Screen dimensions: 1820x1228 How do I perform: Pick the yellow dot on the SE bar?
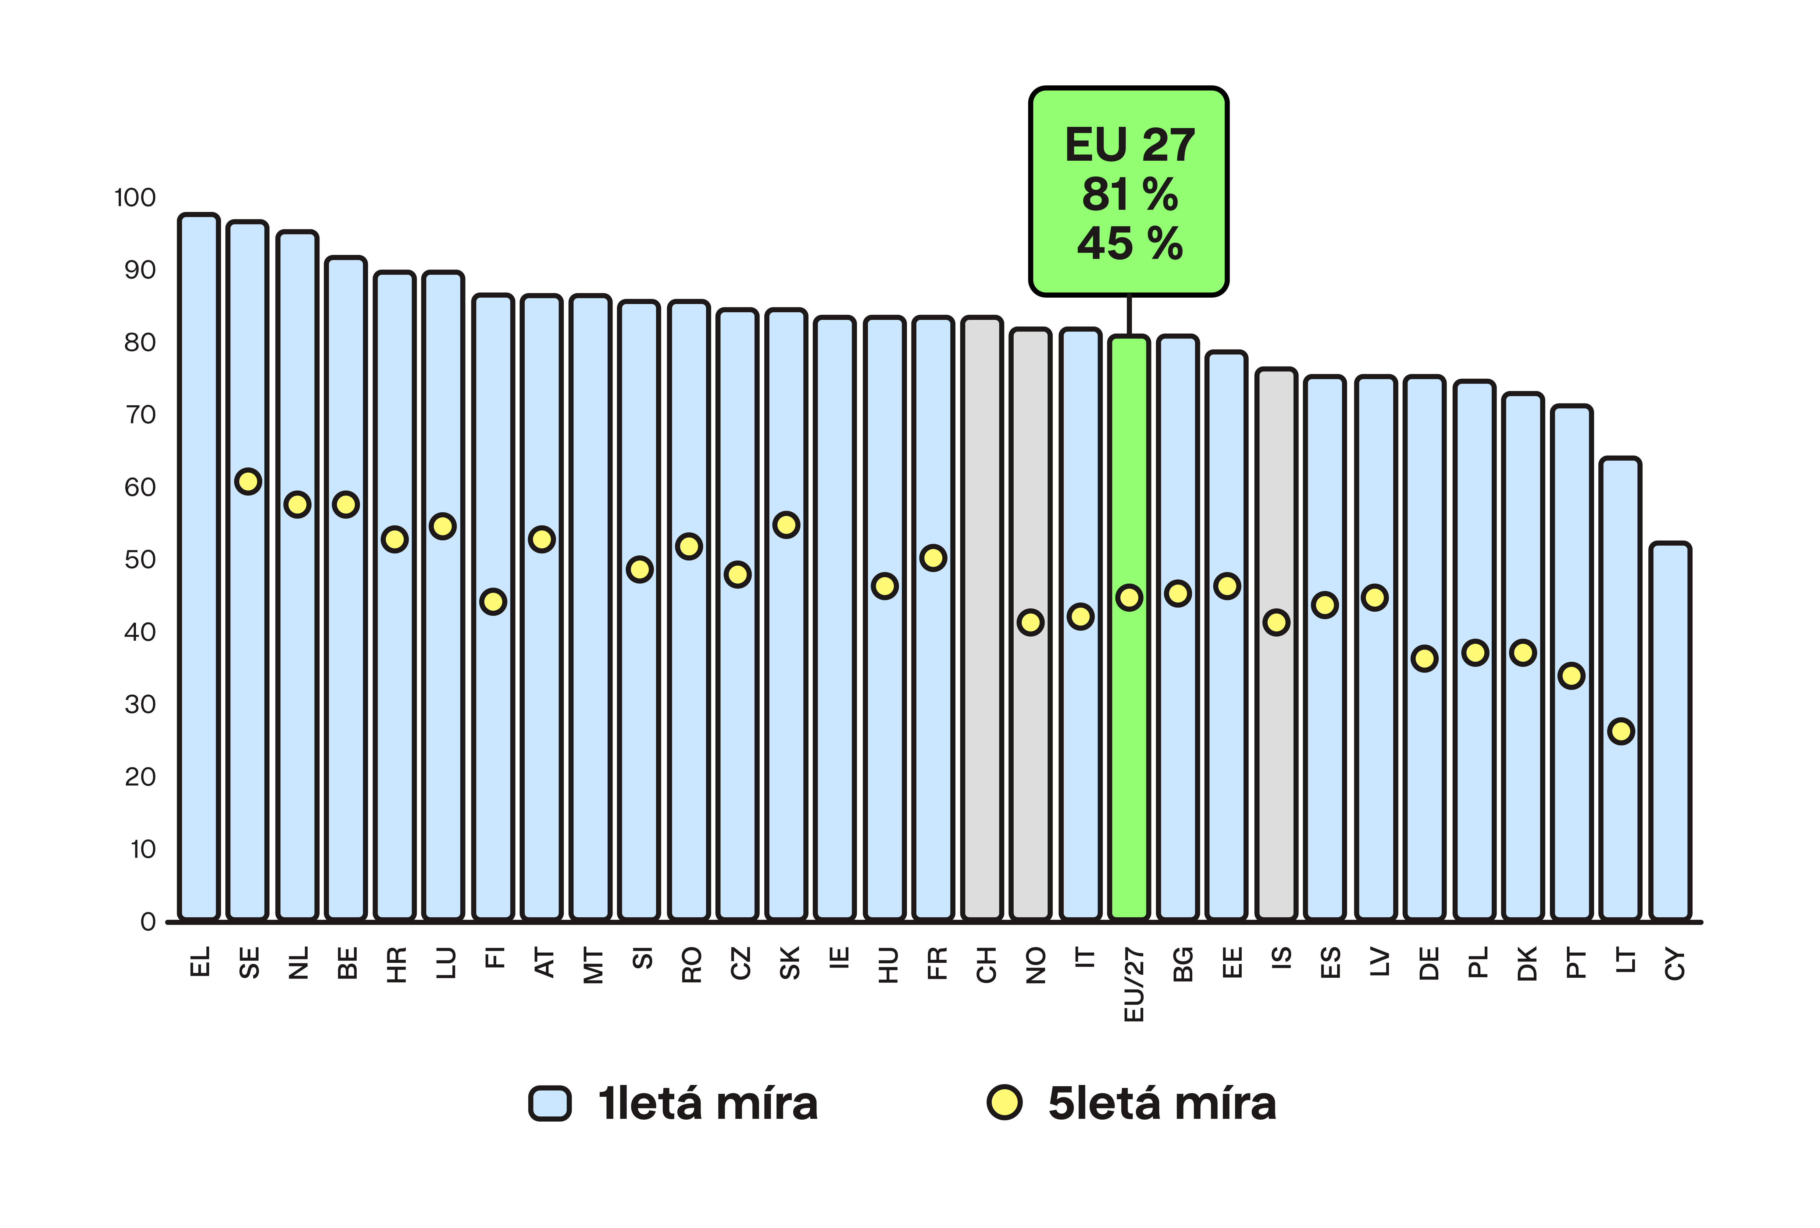point(248,481)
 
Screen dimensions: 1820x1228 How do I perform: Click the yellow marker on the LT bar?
point(1620,731)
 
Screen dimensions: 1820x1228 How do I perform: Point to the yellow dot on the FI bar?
point(492,601)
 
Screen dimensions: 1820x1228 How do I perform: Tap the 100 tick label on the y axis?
point(135,197)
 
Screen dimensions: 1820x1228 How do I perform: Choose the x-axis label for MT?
point(594,965)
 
